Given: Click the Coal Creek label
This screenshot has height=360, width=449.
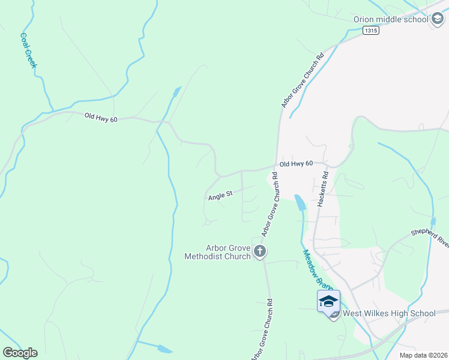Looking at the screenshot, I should pos(28,50).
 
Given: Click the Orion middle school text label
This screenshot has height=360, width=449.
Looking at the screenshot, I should pos(391,19).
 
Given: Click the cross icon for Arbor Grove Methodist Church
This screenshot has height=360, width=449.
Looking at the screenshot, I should pos(260,251).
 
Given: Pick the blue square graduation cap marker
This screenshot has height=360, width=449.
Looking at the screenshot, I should pos(328,301).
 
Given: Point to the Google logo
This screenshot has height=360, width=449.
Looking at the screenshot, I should pos(20,352).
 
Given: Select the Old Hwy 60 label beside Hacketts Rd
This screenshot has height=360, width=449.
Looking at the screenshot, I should pos(297,163).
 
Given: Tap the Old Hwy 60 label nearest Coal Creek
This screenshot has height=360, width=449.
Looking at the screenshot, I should pos(101,118).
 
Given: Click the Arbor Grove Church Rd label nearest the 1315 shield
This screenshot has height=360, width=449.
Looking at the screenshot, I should pos(303,80).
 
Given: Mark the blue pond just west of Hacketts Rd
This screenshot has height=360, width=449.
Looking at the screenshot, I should pos(300,203).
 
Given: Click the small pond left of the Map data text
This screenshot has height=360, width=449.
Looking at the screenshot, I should pos(163,348).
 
